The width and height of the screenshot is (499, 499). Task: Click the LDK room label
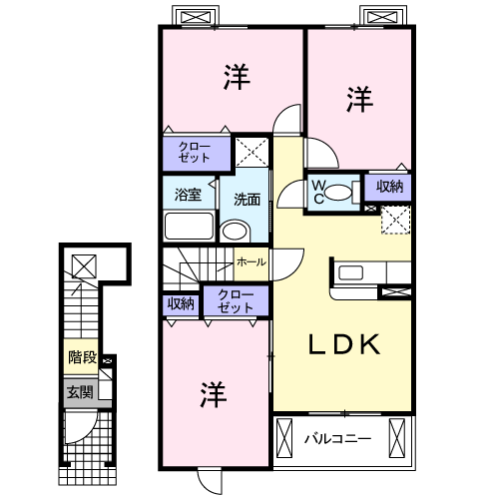point(344,344)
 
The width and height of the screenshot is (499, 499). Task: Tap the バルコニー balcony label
point(337,439)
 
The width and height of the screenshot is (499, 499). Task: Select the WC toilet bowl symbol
point(338,193)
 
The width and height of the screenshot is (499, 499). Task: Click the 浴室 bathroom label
point(188,195)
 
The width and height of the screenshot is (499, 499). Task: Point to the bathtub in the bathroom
point(189,226)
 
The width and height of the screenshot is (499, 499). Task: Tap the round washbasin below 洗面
point(235,231)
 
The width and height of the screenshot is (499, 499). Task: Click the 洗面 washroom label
point(247,200)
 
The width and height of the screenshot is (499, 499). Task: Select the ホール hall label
point(251,262)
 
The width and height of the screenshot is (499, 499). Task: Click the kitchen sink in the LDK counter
point(350,272)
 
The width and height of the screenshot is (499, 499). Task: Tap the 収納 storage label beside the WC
point(389,187)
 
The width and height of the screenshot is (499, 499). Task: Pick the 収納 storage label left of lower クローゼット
point(181,303)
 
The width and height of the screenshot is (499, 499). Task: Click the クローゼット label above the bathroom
point(195,152)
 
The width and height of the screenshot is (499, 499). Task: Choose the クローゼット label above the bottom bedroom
point(236,301)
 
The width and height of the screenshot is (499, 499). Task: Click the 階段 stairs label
point(82,357)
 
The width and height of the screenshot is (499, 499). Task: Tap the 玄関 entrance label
point(80,392)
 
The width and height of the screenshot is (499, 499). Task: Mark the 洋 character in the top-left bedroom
point(237,77)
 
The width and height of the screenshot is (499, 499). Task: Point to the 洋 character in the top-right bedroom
point(359,99)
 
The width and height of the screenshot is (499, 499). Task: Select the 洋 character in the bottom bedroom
point(214,394)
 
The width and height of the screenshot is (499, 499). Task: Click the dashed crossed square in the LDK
point(395,220)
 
